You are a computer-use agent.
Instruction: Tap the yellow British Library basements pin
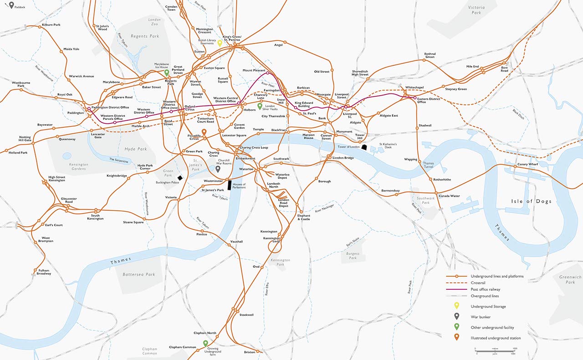[x=220, y=43]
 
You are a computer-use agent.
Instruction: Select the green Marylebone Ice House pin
[x=167, y=72]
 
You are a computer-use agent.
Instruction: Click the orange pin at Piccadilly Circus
[x=204, y=133]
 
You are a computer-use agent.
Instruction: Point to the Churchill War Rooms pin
[x=218, y=169]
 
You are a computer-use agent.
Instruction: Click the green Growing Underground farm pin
[x=205, y=344]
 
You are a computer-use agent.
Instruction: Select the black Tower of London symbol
[x=364, y=147]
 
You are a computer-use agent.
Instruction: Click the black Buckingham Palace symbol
[x=180, y=178]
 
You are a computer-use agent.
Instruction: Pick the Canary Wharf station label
[x=527, y=165]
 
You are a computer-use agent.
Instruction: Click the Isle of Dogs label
[x=530, y=201]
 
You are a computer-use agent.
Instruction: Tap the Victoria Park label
[x=476, y=10]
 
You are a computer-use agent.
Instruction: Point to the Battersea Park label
[x=139, y=274]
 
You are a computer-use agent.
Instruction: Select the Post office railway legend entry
[x=485, y=289]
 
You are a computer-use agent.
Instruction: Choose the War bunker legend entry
[x=481, y=317]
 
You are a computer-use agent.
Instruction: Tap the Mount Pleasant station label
[x=254, y=71]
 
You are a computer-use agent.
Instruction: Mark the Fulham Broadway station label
[x=44, y=272]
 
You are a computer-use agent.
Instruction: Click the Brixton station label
[x=249, y=352]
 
